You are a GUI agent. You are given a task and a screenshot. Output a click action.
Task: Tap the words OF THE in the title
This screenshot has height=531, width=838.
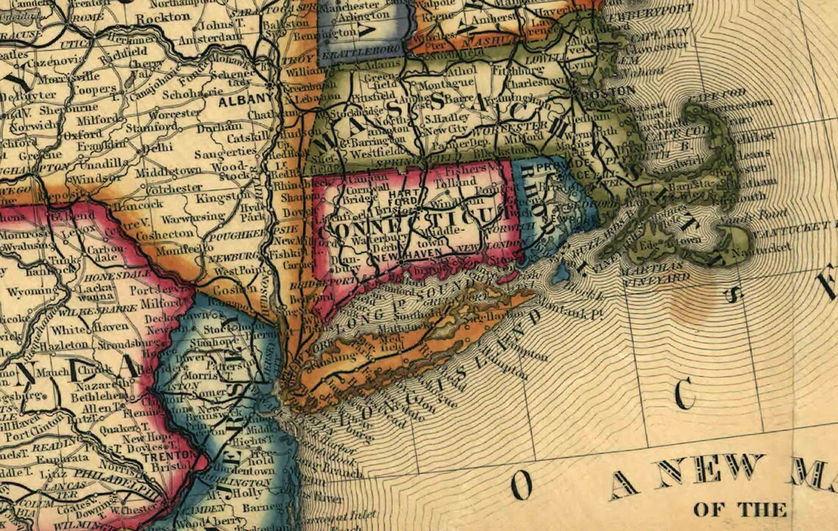738,509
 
